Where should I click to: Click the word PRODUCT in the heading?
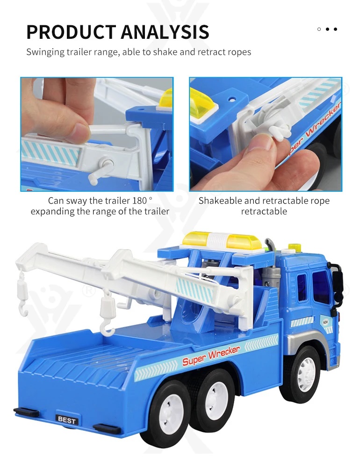[x=71, y=32]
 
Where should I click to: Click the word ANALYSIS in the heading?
[x=165, y=32]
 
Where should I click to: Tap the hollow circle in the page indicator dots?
[x=319, y=29]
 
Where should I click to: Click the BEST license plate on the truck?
[x=67, y=419]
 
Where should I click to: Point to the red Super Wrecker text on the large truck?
[x=210, y=355]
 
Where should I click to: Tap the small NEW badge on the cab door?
[x=325, y=322]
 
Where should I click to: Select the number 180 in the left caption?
[x=140, y=201]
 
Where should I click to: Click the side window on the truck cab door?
[x=321, y=286]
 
